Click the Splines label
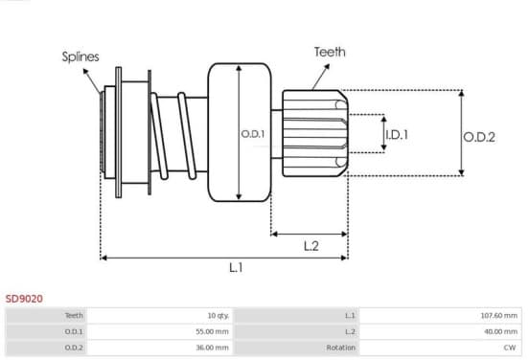tap(80, 56)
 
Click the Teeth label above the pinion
tap(330, 52)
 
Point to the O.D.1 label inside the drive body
tap(253, 134)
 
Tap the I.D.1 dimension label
tap(397, 135)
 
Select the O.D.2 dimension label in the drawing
tap(479, 137)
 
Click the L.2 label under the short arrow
tap(311, 246)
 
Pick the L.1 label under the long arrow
tap(236, 268)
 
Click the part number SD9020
tap(24, 299)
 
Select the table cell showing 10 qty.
tap(160, 316)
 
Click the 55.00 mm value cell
tap(160, 331)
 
